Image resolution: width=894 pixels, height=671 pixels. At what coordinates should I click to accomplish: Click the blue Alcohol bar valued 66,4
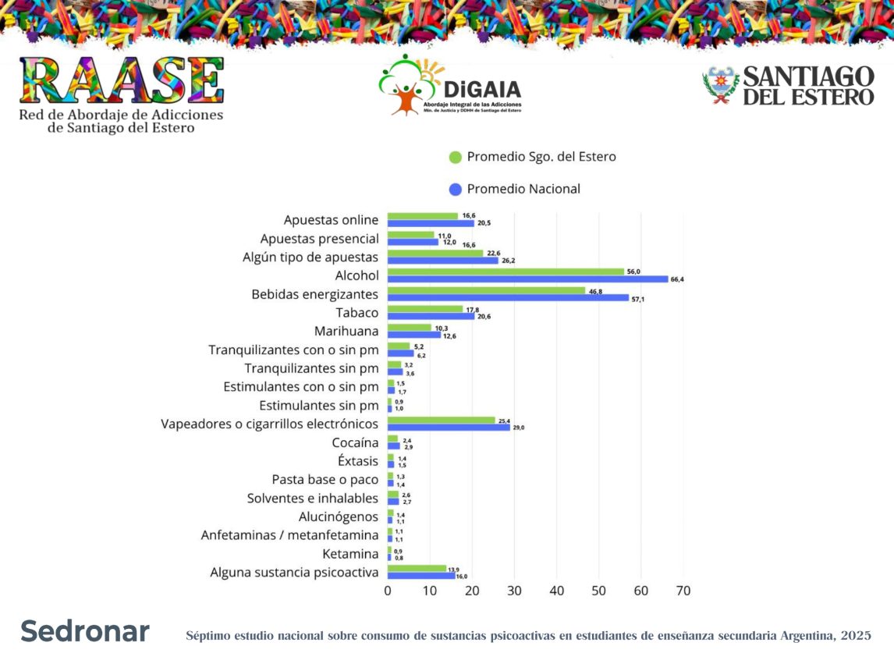[x=527, y=279]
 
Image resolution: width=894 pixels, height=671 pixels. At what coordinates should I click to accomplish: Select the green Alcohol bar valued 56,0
[x=506, y=272]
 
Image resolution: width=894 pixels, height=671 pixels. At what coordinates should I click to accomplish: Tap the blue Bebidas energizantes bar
[x=508, y=298]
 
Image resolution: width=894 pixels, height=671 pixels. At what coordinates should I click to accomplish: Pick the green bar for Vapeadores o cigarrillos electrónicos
[x=442, y=420]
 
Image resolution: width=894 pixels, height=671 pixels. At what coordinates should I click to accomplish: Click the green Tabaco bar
[x=425, y=309]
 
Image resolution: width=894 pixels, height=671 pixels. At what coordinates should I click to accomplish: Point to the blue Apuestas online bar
[x=431, y=223]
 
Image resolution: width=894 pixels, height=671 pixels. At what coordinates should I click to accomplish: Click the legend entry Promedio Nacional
[x=523, y=189]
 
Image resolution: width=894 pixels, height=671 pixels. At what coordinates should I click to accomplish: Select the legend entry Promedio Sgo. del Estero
[x=541, y=157]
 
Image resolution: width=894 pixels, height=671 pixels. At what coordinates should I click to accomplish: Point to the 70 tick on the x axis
[x=683, y=591]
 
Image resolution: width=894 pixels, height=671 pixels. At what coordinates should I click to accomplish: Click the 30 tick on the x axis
[x=514, y=591]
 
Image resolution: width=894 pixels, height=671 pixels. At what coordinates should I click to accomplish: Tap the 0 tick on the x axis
[x=388, y=591]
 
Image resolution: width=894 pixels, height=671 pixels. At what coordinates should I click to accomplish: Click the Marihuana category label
[x=346, y=332]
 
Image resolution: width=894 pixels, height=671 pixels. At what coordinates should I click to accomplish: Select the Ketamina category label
[x=350, y=554]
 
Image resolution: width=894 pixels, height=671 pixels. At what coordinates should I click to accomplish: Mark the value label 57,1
[x=637, y=299]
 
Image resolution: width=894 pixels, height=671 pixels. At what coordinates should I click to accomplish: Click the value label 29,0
[x=519, y=428]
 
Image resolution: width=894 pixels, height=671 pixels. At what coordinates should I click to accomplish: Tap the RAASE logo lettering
[x=122, y=80]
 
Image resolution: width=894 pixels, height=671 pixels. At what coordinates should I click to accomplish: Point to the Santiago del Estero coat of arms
[x=720, y=85]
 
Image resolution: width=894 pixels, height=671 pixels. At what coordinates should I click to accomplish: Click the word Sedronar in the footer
[x=85, y=631]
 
